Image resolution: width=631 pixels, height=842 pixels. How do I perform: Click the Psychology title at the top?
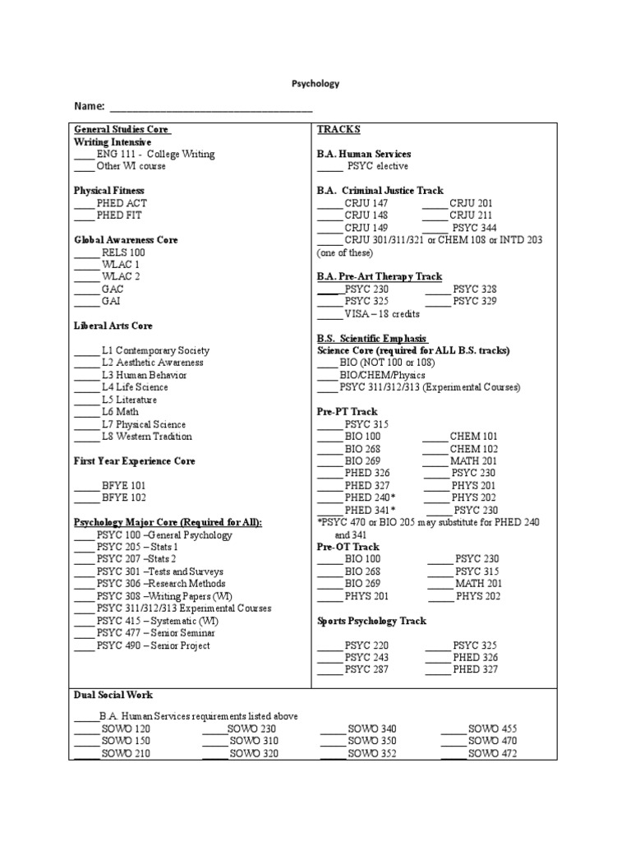point(315,84)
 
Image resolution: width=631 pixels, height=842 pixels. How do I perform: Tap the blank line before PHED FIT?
point(85,216)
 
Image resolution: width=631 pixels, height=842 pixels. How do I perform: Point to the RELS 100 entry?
point(123,252)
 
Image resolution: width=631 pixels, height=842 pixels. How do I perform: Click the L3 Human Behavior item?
point(144,375)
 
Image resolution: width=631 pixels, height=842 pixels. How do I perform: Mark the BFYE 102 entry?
point(124,497)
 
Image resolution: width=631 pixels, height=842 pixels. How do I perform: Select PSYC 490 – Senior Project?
point(153,645)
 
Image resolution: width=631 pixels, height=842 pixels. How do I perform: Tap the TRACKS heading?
point(339,130)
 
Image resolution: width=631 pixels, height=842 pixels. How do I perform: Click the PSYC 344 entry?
point(476,228)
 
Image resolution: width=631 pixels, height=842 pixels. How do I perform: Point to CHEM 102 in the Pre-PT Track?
point(475,449)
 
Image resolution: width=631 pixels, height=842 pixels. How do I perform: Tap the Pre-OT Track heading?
point(348,547)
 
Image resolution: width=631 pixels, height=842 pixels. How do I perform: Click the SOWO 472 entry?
point(492,753)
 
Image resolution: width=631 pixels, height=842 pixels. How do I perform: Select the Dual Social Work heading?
point(113,696)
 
